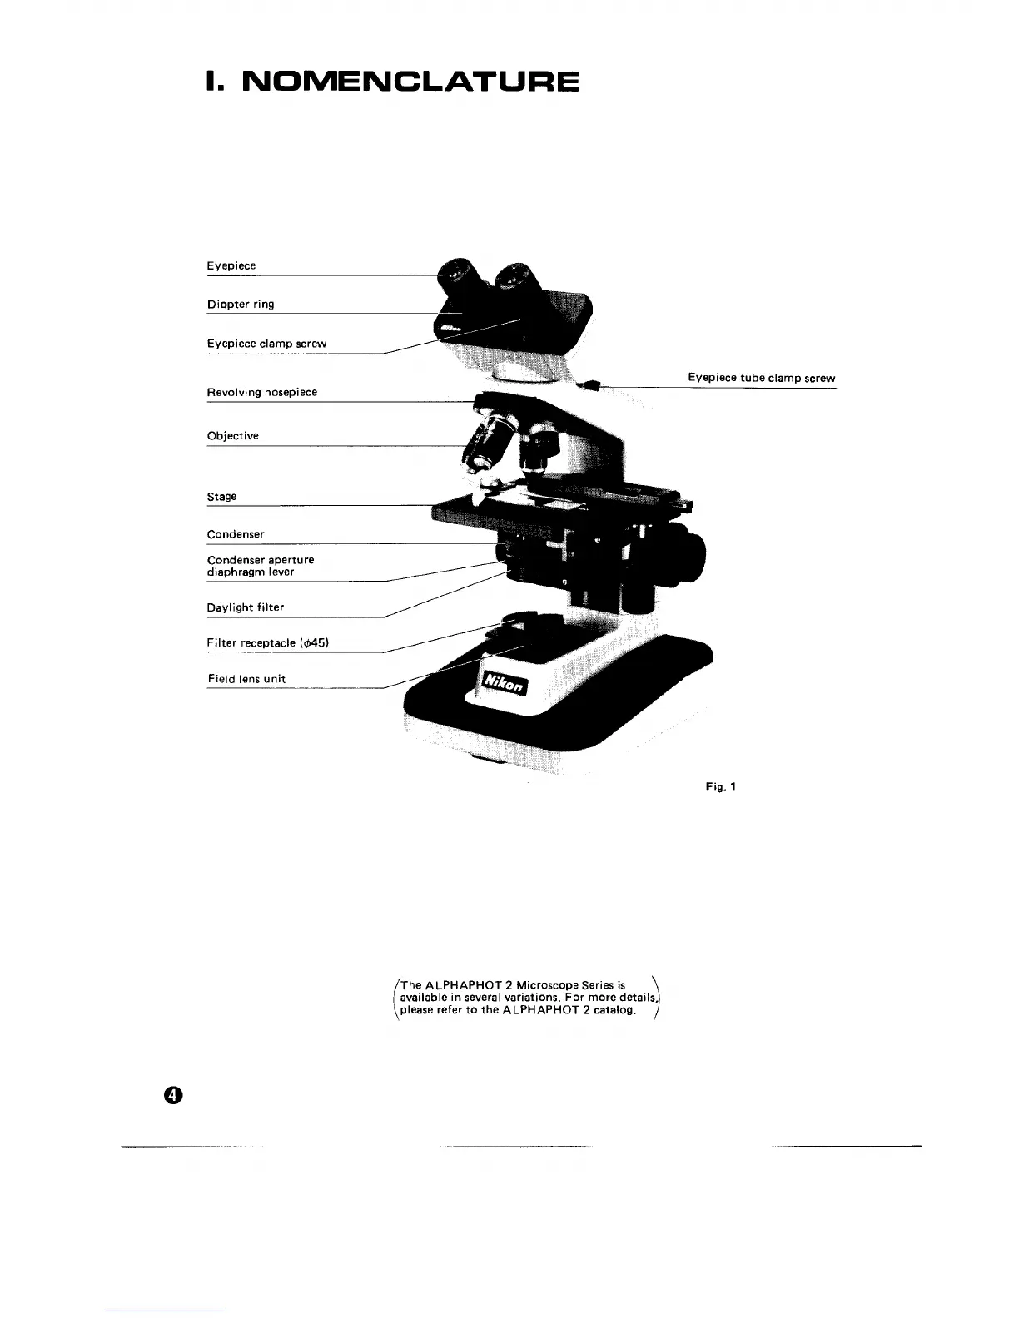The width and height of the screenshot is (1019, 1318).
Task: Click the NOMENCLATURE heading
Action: (393, 82)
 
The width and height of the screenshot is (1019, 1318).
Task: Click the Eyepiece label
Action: (231, 266)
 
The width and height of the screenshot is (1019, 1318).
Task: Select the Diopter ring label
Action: (241, 305)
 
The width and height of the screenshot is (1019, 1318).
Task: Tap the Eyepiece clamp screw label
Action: (266, 344)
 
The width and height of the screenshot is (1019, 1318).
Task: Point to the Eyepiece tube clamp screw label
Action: (761, 378)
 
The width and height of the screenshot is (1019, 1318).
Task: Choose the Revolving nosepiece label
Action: (262, 392)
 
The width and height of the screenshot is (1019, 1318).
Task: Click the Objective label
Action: (232, 436)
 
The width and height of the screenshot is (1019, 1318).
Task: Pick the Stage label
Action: (221, 497)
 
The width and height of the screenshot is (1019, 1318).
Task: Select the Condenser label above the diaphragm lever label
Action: (236, 534)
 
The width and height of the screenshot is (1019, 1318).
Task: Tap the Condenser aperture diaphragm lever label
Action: (260, 566)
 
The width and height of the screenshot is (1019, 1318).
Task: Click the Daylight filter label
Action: (246, 607)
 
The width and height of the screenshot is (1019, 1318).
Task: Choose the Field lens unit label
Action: (246, 679)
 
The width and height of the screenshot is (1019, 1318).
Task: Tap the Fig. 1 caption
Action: (721, 786)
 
